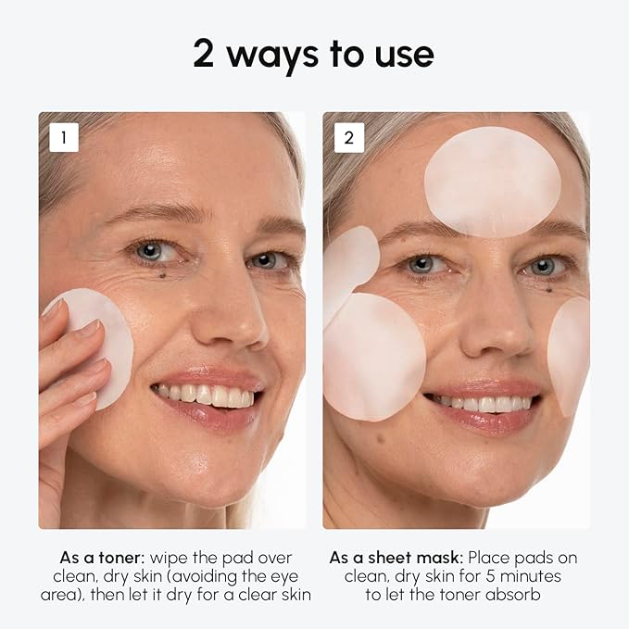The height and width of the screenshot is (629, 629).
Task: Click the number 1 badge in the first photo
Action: point(64,137)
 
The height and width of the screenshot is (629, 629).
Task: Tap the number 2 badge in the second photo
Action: point(348,137)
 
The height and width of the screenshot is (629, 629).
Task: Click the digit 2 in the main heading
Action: point(205,55)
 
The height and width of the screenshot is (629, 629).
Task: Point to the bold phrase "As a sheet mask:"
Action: point(396,559)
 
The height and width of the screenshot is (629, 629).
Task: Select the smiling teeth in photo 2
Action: point(484,404)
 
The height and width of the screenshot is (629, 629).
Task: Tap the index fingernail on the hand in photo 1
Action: point(90,328)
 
